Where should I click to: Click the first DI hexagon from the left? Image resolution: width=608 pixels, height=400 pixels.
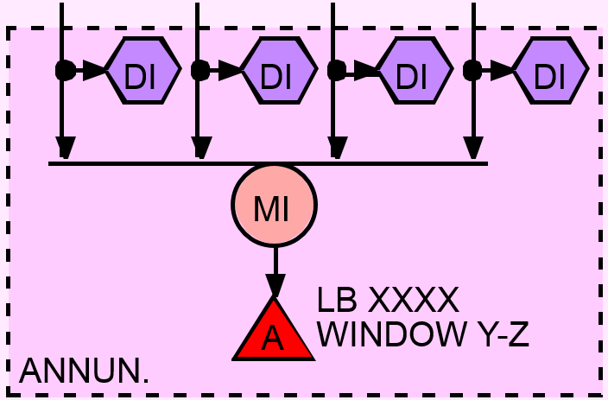tap(142, 71)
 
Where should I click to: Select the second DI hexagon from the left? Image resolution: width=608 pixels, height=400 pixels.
tap(277, 71)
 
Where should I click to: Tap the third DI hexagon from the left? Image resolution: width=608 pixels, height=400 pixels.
tap(414, 71)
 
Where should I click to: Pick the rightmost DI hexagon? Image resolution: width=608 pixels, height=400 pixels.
tap(549, 71)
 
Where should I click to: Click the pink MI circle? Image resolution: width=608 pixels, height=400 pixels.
tap(274, 206)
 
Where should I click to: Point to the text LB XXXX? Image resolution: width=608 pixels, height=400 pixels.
tap(387, 301)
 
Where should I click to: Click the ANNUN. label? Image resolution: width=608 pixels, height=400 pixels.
tap(84, 371)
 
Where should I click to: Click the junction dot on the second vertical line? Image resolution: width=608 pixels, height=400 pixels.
tap(199, 70)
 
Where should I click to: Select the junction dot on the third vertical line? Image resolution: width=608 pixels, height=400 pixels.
tap(336, 70)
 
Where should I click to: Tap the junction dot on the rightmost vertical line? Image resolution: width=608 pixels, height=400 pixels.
tap(472, 70)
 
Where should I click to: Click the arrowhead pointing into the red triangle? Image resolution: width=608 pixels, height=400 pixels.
tap(275, 286)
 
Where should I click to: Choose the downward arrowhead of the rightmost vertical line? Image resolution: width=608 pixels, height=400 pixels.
tap(473, 148)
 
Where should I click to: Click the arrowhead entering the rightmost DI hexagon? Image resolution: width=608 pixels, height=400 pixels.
tap(503, 71)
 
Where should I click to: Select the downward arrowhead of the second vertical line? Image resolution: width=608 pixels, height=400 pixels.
tap(200, 148)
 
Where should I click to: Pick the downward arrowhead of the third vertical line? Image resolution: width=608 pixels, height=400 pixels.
tap(336, 148)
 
